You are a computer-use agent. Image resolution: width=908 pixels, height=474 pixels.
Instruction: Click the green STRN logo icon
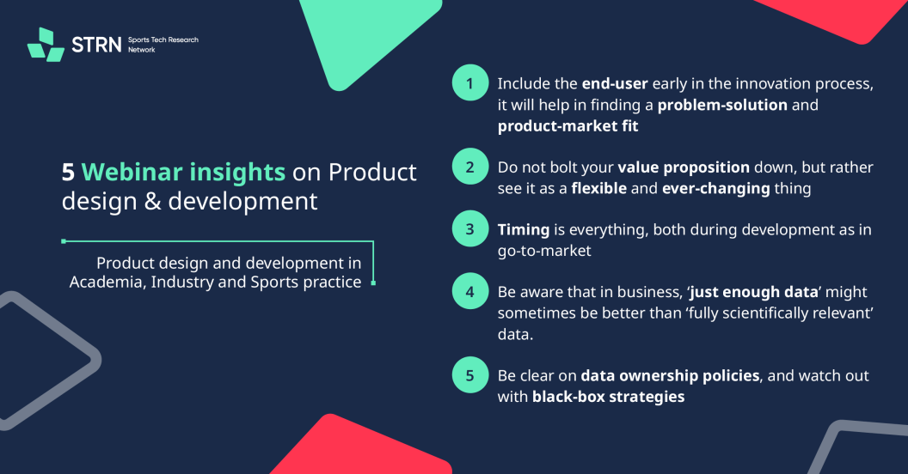click(46, 45)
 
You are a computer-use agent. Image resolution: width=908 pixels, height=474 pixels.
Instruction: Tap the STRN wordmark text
click(96, 45)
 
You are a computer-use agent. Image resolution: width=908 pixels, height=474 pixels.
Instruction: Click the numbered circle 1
click(470, 82)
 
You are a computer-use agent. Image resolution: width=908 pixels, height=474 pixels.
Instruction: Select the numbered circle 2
click(470, 167)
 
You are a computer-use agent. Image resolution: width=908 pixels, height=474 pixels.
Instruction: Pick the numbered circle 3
click(470, 229)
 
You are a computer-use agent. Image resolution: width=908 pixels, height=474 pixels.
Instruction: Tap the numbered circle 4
click(470, 291)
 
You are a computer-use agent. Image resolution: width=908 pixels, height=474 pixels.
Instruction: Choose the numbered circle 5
click(470, 375)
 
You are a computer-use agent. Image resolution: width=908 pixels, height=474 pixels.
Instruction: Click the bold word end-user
click(615, 84)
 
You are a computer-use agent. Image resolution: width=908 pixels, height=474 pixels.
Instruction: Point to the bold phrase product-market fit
click(567, 126)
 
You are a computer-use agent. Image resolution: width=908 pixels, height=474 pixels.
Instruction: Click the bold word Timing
click(524, 230)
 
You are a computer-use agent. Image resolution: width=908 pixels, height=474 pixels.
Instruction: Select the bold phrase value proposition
click(684, 167)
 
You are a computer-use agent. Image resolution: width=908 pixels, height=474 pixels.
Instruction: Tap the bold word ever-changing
click(715, 189)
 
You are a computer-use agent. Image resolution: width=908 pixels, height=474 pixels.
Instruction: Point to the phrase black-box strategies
click(608, 397)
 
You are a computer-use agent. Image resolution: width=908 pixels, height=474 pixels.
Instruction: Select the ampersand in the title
click(153, 202)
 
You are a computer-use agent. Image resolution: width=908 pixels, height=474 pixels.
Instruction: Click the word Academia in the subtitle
click(107, 283)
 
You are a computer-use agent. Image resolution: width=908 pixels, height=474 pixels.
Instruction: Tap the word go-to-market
click(544, 252)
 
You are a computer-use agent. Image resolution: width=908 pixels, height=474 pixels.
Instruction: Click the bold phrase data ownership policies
click(670, 376)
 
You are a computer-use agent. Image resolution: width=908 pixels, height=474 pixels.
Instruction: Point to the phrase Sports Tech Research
click(163, 39)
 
